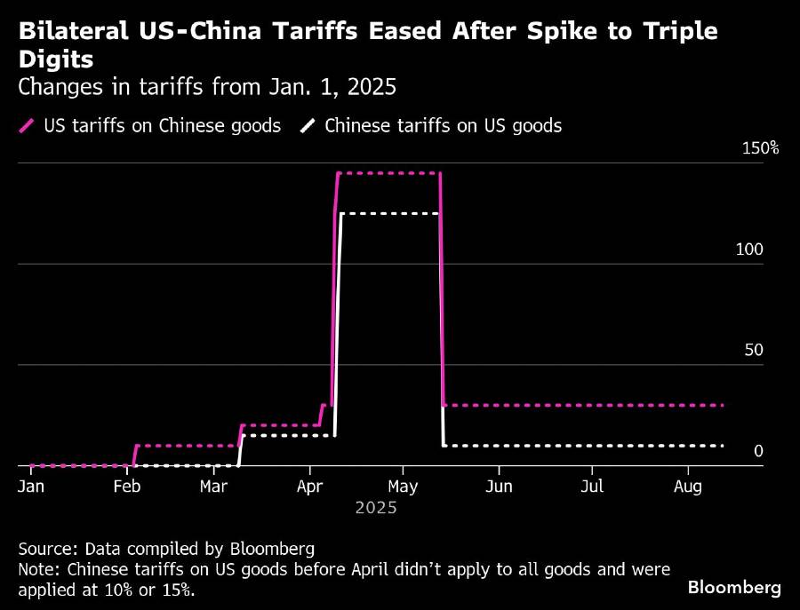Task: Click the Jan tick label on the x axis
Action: click(x=31, y=487)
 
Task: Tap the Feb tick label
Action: click(x=128, y=487)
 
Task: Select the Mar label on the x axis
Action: click(x=212, y=487)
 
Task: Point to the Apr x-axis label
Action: click(x=308, y=487)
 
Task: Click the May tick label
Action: click(x=403, y=487)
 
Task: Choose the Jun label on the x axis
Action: click(x=499, y=487)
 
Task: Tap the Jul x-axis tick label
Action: click(x=592, y=487)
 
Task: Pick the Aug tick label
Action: click(x=688, y=487)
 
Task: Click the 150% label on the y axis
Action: click(x=760, y=148)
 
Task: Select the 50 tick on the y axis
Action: click(x=754, y=350)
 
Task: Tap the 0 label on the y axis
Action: click(x=758, y=451)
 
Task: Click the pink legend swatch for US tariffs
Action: click(x=26, y=125)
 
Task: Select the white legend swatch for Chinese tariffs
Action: click(x=308, y=125)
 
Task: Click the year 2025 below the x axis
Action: click(x=376, y=509)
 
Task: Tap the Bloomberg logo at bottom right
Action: click(x=734, y=587)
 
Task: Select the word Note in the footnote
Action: click(x=36, y=568)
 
